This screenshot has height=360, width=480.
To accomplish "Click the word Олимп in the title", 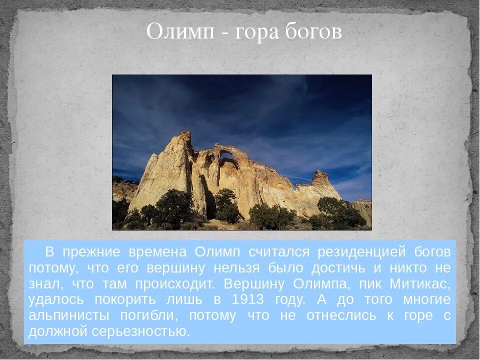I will coord(180,32).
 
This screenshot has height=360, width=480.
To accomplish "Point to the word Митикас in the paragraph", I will coord(420,284).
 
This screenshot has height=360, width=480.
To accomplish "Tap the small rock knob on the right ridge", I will coord(320,176).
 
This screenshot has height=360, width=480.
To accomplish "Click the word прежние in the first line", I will coord(92,251).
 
